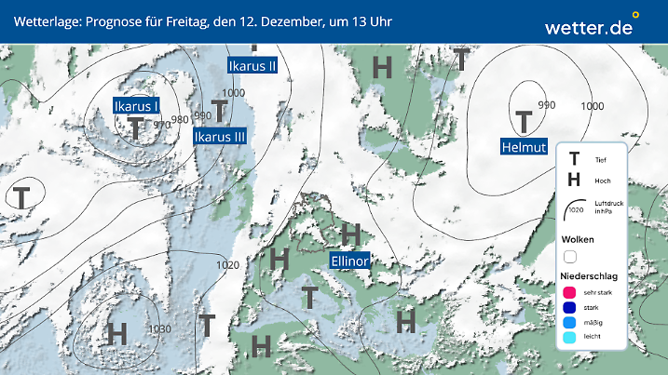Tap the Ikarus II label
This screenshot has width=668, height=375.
pyautogui.click(x=252, y=65)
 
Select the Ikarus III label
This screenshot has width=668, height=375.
pyautogui.click(x=220, y=137)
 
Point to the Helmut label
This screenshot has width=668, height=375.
pyautogui.click(x=522, y=146)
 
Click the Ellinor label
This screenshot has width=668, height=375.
pyautogui.click(x=350, y=261)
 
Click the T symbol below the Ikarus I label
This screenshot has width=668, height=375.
pyautogui.click(x=136, y=128)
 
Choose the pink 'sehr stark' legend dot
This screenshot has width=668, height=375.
pyautogui.click(x=570, y=293)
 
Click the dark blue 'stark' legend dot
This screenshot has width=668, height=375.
pyautogui.click(x=570, y=307)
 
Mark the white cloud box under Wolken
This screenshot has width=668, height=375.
pyautogui.click(x=570, y=256)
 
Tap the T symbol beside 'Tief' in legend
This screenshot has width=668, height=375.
pyautogui.click(x=574, y=160)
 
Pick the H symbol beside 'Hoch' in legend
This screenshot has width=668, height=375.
pyautogui.click(x=574, y=180)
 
